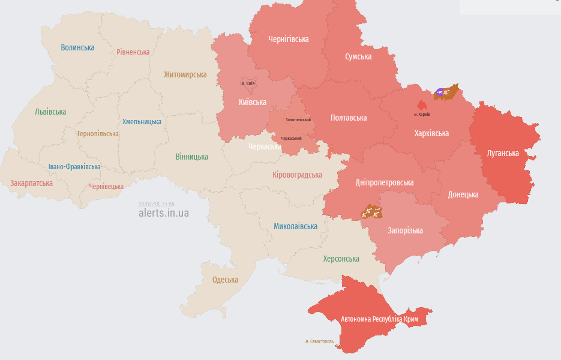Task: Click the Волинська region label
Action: click(77, 47)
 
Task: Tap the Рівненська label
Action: click(133, 52)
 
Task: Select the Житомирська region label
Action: click(185, 75)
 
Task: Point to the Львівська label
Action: click(50, 112)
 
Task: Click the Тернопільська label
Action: click(97, 134)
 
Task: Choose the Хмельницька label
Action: click(142, 122)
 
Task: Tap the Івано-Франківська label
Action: click(74, 167)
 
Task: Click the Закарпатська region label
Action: click(31, 183)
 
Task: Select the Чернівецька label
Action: click(106, 187)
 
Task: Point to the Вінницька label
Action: click(192, 157)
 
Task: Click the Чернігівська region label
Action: click(289, 39)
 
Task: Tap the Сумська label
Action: click(358, 56)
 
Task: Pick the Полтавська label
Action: click(349, 118)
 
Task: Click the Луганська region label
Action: click(503, 153)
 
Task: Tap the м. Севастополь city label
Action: click(319, 341)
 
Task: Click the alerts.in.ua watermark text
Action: click(163, 213)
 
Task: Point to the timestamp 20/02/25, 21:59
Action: click(156, 204)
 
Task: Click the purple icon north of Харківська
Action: click(440, 92)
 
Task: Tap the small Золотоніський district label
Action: click(298, 120)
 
